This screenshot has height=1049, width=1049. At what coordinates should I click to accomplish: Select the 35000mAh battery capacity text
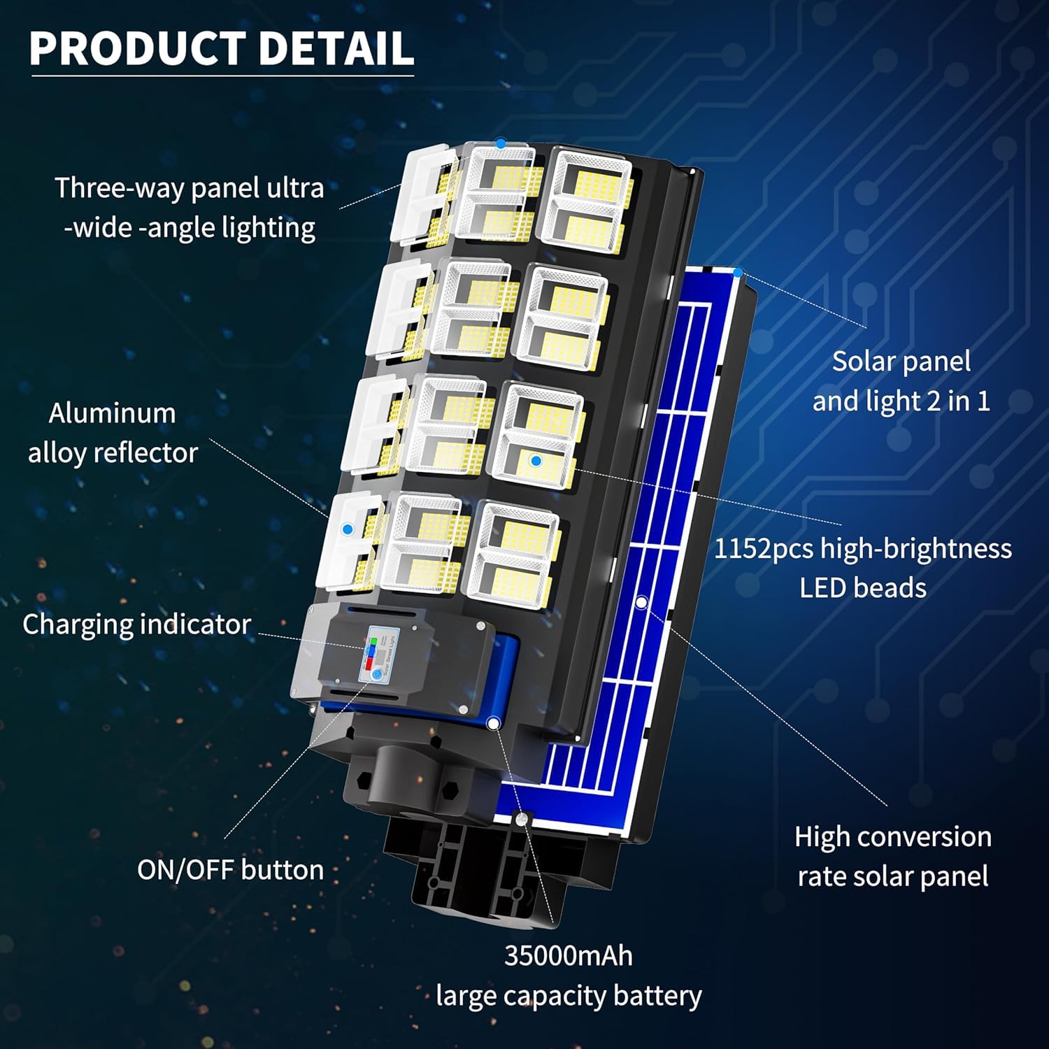(568, 955)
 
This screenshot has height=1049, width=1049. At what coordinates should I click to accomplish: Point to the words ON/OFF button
(230, 870)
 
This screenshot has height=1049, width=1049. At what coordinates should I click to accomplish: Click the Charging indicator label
(136, 625)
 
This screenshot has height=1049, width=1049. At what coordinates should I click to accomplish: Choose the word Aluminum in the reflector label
(112, 413)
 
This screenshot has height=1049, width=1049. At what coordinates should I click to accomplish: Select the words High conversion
(892, 837)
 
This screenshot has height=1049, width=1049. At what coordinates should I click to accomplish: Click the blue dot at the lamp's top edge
(501, 143)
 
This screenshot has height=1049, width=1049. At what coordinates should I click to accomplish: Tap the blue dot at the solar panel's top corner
(738, 271)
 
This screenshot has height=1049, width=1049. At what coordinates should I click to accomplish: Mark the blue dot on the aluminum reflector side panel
(348, 529)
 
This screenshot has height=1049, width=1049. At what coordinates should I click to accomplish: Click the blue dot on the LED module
(536, 460)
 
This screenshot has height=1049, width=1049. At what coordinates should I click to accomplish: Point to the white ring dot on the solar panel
(641, 601)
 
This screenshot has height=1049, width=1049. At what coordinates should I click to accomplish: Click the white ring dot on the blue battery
(493, 722)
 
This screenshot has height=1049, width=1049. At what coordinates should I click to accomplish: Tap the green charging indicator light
(373, 641)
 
